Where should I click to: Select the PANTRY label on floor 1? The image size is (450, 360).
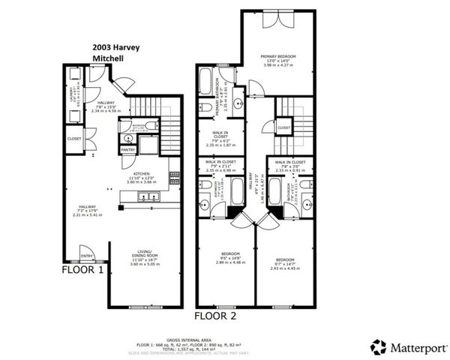[127, 149]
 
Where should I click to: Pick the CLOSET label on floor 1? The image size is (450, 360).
[73, 139]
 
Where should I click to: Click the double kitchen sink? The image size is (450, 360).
[145, 197]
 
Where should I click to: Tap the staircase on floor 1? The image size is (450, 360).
[169, 121]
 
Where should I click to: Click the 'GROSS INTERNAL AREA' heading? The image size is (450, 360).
[225, 340]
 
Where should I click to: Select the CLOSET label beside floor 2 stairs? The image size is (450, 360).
[283, 128]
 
